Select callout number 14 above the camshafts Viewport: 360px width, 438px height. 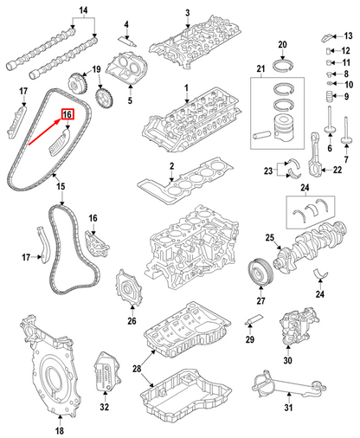(x=60, y=12)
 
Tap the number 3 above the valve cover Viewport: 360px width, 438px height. (x=187, y=12)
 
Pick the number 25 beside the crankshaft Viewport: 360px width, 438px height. (x=269, y=238)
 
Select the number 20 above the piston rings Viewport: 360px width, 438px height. (x=281, y=44)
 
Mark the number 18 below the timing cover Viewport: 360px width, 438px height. (x=60, y=430)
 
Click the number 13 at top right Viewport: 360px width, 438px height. (x=348, y=36)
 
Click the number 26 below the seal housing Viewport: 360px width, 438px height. (x=132, y=321)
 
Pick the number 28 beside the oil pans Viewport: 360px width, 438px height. (x=135, y=370)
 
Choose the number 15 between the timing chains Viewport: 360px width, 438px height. (x=60, y=186)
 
